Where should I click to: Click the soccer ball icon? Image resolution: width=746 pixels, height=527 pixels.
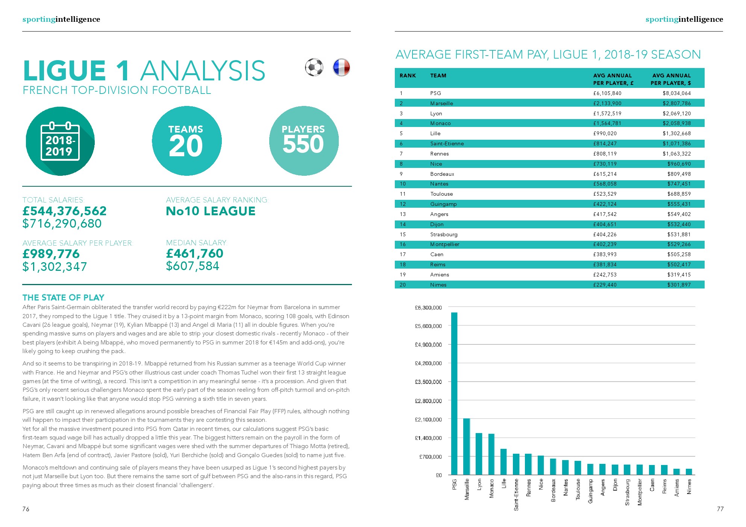[314, 68]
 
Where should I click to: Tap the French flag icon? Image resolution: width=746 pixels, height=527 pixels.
[341, 68]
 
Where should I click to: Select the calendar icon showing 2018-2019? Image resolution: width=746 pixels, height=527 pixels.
[60, 142]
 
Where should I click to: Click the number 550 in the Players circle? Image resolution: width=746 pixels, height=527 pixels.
[303, 144]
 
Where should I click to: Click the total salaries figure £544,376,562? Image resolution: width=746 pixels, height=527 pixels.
[65, 211]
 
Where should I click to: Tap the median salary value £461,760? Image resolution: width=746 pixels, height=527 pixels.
[195, 254]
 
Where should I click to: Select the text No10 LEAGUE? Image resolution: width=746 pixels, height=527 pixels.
[211, 211]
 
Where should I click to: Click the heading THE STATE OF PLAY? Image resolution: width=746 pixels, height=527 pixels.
[63, 297]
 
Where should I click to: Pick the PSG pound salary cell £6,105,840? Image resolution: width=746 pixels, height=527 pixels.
[607, 93]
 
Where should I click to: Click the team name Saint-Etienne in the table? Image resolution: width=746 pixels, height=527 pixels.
[447, 143]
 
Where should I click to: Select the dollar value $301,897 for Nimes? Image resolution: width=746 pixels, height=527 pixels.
[679, 285]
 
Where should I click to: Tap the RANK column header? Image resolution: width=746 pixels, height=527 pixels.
[408, 76]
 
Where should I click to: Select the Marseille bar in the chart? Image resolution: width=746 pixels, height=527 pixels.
[467, 447]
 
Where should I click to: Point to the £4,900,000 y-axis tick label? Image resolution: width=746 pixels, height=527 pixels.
[428, 344]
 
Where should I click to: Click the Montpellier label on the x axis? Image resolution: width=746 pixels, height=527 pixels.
[640, 492]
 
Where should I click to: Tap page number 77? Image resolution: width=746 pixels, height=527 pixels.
[720, 509]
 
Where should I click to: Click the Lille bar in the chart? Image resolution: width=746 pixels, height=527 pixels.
[503, 462]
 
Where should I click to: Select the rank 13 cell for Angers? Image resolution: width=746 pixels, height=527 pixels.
[403, 214]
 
